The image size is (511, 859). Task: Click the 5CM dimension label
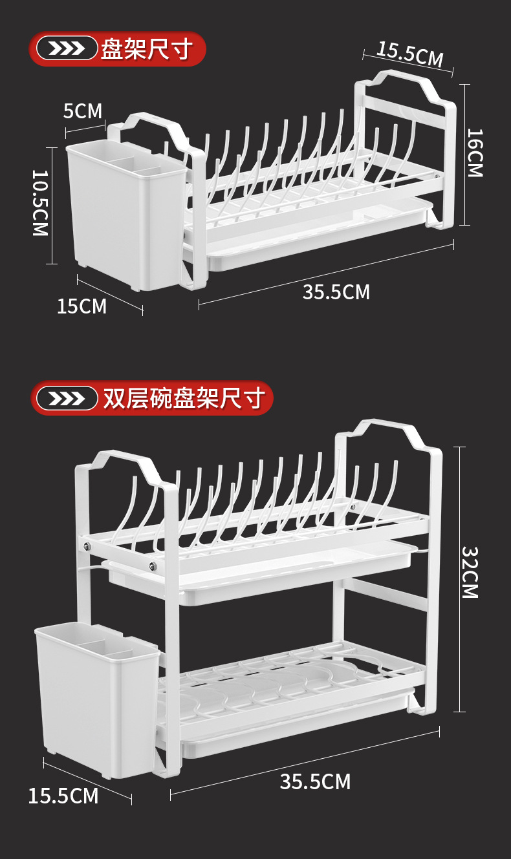(x=83, y=111)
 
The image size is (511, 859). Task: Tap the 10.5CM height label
(x=41, y=203)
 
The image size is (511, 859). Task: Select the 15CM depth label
(x=82, y=306)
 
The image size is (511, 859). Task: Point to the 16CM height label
(x=475, y=153)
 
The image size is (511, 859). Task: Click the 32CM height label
(x=470, y=573)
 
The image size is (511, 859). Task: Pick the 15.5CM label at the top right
(x=410, y=54)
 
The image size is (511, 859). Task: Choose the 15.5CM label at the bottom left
(x=63, y=796)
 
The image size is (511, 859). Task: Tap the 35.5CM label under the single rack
(x=336, y=292)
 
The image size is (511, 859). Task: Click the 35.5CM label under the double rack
(x=315, y=781)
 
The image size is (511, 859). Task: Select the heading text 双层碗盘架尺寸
(x=184, y=398)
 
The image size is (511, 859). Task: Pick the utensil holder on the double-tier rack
(x=97, y=698)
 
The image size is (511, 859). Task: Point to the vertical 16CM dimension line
(x=464, y=194)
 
